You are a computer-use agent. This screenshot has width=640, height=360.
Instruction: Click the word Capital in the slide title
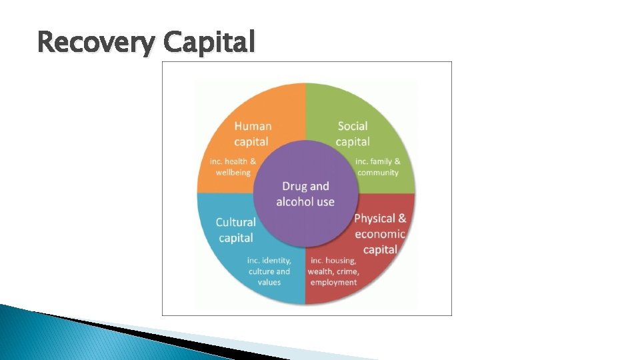click(209, 43)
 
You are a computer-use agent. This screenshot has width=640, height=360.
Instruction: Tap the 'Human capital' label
click(252, 133)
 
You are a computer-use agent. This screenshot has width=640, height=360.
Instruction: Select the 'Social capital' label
click(353, 133)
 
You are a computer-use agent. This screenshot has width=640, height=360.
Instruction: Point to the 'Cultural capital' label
click(236, 230)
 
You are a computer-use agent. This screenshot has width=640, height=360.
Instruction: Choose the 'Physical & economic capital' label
click(380, 234)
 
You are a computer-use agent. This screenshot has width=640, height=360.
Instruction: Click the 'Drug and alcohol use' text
click(305, 194)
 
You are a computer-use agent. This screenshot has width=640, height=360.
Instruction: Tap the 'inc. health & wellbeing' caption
click(233, 167)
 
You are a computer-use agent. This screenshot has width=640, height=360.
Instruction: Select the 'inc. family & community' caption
click(378, 167)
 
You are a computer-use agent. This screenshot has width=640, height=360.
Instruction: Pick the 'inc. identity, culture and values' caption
click(269, 271)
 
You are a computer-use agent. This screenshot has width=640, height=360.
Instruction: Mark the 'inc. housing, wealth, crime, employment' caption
click(333, 271)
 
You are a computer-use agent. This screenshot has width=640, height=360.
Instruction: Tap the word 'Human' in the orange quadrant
click(253, 125)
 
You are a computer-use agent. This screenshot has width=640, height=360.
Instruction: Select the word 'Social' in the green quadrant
click(353, 125)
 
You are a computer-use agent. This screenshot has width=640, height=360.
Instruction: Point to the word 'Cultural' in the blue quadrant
click(236, 222)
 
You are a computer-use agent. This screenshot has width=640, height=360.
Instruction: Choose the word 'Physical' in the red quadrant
click(375, 219)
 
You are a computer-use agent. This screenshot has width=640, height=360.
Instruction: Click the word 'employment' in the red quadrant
click(333, 282)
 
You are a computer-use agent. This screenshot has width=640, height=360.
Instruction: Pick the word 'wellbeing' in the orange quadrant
click(233, 172)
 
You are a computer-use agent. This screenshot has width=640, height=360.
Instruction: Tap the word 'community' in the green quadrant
click(378, 172)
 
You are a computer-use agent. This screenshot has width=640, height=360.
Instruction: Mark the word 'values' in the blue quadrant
click(269, 282)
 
